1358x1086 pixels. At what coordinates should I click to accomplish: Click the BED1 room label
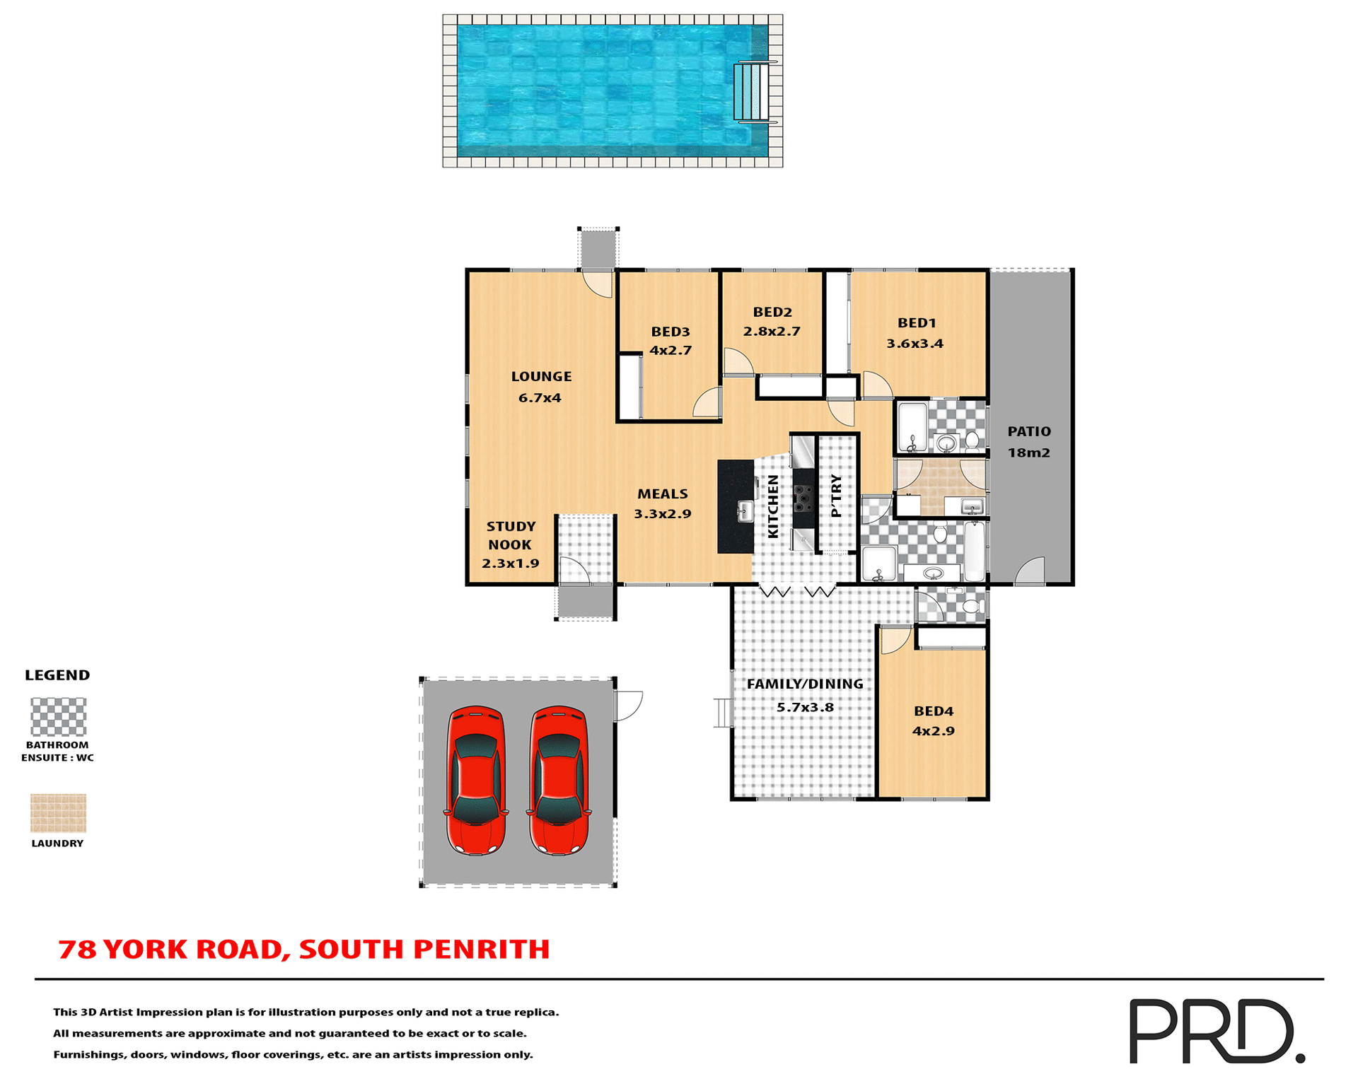pyautogui.click(x=917, y=323)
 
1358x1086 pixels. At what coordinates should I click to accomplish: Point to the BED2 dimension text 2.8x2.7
pyautogui.click(x=772, y=332)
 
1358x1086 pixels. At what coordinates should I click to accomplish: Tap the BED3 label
pyautogui.click(x=670, y=332)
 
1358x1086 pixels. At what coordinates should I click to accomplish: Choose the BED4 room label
pyautogui.click(x=934, y=711)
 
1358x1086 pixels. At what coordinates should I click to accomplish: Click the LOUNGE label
pyautogui.click(x=541, y=377)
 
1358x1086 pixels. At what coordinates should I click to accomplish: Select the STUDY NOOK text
pyautogui.click(x=510, y=536)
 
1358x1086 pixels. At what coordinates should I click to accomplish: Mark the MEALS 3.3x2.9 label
pyautogui.click(x=662, y=503)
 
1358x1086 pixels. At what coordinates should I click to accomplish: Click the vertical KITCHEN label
pyautogui.click(x=773, y=506)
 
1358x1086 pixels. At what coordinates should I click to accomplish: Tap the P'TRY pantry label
pyautogui.click(x=837, y=496)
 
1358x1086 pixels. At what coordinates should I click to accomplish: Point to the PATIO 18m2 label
pyautogui.click(x=1029, y=442)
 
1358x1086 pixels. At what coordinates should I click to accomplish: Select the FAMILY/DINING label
pyautogui.click(x=805, y=684)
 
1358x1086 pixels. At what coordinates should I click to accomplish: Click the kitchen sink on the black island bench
pyautogui.click(x=744, y=510)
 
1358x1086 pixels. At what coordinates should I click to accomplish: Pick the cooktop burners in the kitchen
pyautogui.click(x=803, y=498)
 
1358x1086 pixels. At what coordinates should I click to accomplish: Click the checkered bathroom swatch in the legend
pyautogui.click(x=58, y=717)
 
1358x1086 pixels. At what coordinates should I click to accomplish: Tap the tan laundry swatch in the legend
pyautogui.click(x=58, y=813)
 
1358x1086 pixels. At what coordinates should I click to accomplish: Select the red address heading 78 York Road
pyautogui.click(x=304, y=950)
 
